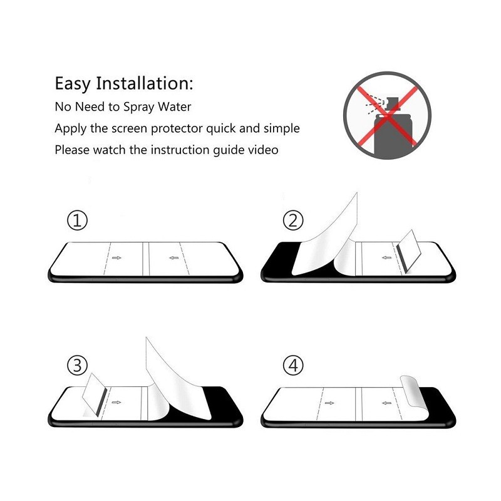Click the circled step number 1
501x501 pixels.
pos(77,220)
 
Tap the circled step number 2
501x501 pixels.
pos(292,220)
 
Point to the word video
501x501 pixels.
pos(263,150)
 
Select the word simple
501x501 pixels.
pos(281,129)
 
